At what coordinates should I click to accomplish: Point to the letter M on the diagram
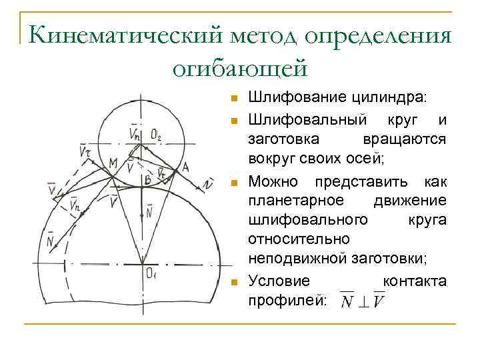(x=112, y=161)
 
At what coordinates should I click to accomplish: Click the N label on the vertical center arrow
(x=148, y=213)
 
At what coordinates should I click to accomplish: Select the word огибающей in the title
(x=239, y=67)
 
